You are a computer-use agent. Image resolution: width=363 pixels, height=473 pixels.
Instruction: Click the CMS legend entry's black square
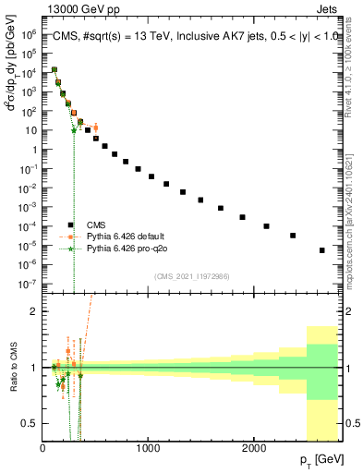pyautogui.click(x=70, y=224)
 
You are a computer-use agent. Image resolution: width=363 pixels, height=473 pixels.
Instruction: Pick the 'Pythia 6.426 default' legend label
pyautogui.click(x=131, y=236)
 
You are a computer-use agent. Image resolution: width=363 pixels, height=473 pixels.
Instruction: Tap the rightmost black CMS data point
pyautogui.click(x=321, y=250)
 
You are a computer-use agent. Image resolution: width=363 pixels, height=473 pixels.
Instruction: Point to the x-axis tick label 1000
pyautogui.click(x=149, y=447)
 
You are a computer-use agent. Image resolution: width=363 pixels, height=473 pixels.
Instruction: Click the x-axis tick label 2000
pyautogui.click(x=254, y=447)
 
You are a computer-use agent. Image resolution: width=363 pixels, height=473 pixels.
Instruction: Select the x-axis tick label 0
pyautogui.click(x=43, y=447)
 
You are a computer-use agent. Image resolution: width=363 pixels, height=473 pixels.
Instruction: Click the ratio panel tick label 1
pyautogui.click(x=35, y=368)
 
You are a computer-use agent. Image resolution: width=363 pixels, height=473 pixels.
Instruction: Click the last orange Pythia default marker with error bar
pyautogui.click(x=94, y=127)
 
